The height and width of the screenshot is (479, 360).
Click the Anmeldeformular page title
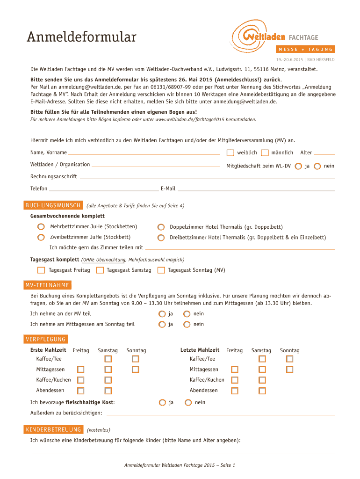81,37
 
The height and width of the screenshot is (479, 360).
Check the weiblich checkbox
230,152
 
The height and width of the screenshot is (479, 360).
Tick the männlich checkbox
265,152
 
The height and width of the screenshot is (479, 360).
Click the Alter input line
324,153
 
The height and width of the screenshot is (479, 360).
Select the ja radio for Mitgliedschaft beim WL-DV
298,166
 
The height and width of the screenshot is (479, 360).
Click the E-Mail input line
256,189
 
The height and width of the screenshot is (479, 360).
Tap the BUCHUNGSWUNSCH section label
53,205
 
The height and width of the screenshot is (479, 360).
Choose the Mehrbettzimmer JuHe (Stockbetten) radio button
41,227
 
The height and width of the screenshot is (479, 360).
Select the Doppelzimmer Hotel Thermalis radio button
161,227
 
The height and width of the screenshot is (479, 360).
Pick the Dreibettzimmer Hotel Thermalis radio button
161,238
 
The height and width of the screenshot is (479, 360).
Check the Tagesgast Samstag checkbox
100,270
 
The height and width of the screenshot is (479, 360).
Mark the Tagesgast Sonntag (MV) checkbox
161,270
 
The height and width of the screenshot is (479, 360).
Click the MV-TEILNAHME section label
47,285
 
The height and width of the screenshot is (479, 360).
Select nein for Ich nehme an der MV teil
187,314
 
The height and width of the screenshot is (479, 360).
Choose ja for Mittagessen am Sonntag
162,324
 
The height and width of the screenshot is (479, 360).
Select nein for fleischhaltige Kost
188,402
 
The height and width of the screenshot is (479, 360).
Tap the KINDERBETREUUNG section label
53,429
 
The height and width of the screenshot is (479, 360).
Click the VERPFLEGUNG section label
45,339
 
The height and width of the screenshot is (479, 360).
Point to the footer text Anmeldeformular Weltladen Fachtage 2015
180,465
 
